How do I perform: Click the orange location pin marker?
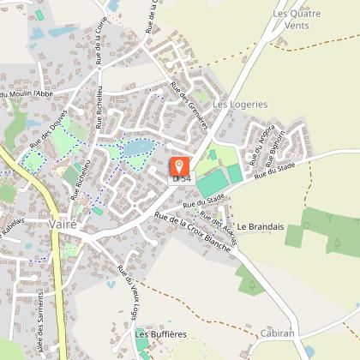pos(180,166)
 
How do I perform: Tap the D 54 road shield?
pos(181,178)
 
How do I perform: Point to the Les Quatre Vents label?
pos(302,19)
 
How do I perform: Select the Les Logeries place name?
pos(240,104)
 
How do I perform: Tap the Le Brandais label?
pos(261,226)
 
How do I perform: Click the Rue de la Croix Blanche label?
pos(193,231)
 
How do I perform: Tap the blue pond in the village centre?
pos(135,150)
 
